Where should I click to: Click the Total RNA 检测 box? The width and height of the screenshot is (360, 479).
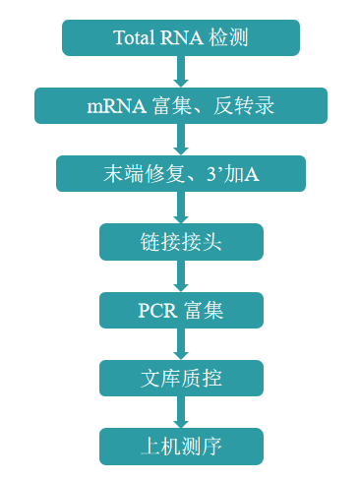coord(181,37)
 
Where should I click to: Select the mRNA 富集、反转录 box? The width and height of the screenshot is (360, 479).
coord(181,105)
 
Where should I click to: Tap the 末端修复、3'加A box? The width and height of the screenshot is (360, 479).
coord(181,173)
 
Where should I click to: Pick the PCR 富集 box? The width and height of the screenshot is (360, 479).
coord(181,310)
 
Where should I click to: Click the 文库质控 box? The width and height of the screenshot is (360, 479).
coord(181,378)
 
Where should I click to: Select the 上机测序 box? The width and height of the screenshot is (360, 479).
coord(181,446)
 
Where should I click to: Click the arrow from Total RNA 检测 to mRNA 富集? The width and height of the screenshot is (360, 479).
coord(181,71)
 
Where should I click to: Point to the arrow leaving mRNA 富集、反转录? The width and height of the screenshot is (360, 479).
coord(181,139)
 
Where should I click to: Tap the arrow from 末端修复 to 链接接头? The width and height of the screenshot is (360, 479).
coord(181,208)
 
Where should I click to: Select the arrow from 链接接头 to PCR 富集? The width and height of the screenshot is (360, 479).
coord(181,275)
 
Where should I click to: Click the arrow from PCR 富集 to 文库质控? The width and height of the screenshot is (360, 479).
coord(181,343)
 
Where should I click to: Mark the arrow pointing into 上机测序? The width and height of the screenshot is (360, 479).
coord(181,411)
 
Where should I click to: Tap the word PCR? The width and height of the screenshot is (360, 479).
coord(155,311)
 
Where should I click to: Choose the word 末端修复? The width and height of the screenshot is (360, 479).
coord(138,174)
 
